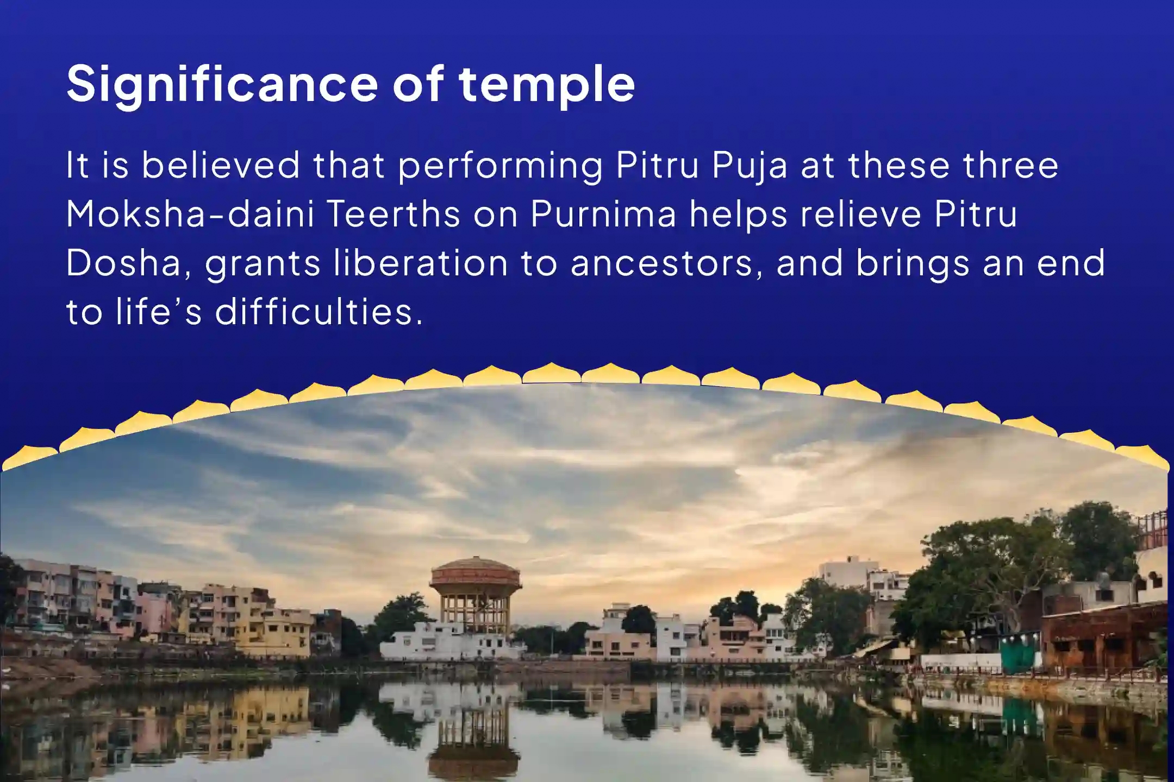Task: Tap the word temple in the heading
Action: click(547, 84)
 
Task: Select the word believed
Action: click(221, 165)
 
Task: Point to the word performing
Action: click(500, 166)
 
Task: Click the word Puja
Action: click(750, 166)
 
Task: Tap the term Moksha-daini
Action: click(190, 214)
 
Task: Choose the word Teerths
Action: click(394, 214)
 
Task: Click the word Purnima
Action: click(603, 214)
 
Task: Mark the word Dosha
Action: click(124, 263)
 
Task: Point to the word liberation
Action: click(421, 263)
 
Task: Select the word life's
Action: click(159, 312)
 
